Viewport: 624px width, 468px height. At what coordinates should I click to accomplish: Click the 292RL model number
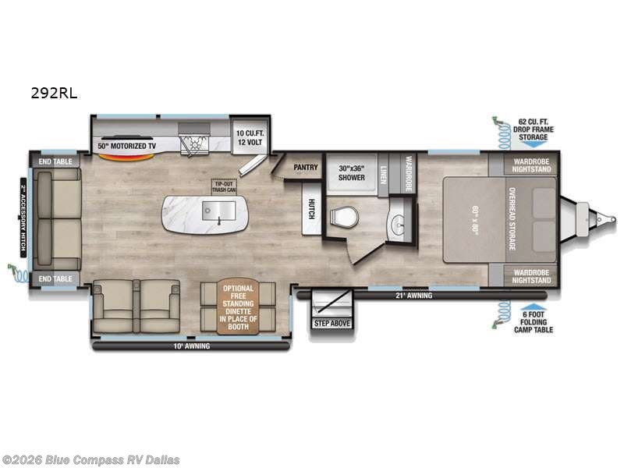tap(54, 91)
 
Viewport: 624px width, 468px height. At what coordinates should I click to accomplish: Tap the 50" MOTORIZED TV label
tap(128, 145)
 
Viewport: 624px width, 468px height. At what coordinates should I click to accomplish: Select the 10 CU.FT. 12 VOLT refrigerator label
tap(250, 138)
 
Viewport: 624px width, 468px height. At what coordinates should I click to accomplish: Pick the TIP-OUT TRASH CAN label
tap(223, 186)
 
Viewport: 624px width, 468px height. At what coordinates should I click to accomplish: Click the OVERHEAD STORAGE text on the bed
tap(512, 219)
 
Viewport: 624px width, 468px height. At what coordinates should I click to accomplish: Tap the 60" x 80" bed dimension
tap(473, 219)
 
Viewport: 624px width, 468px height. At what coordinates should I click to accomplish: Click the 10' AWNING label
tap(192, 345)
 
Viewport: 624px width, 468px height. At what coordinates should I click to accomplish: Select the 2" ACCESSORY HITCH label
tap(24, 219)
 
